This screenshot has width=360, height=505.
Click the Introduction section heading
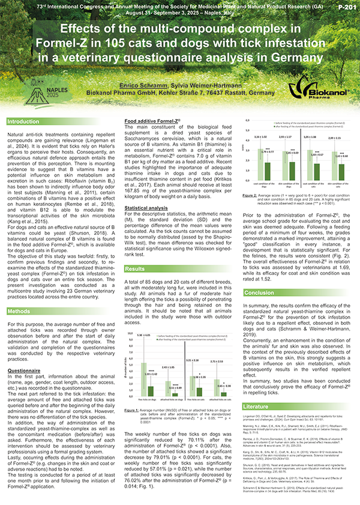[23, 122]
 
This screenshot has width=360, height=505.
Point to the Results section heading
[135, 268]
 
